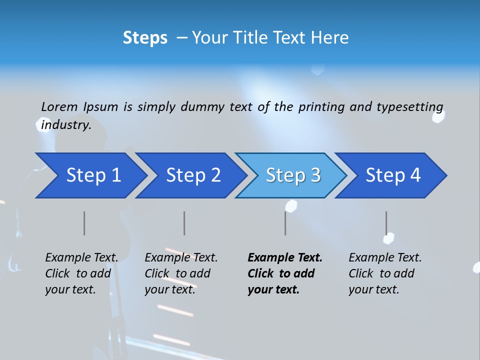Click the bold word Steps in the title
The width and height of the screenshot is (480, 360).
coord(145,38)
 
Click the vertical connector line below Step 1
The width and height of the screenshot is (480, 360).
coord(84,223)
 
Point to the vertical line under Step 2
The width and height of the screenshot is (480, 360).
coord(184,223)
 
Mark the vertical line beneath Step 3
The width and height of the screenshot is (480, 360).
coord(285,223)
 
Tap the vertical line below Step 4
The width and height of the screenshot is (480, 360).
coord(386,223)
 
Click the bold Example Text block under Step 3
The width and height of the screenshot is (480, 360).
coord(284,273)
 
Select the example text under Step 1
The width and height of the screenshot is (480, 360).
coord(81,273)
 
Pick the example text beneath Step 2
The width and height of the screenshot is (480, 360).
coord(181,273)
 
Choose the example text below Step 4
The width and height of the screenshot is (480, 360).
coord(385,273)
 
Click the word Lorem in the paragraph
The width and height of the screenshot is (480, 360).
coord(59,107)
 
